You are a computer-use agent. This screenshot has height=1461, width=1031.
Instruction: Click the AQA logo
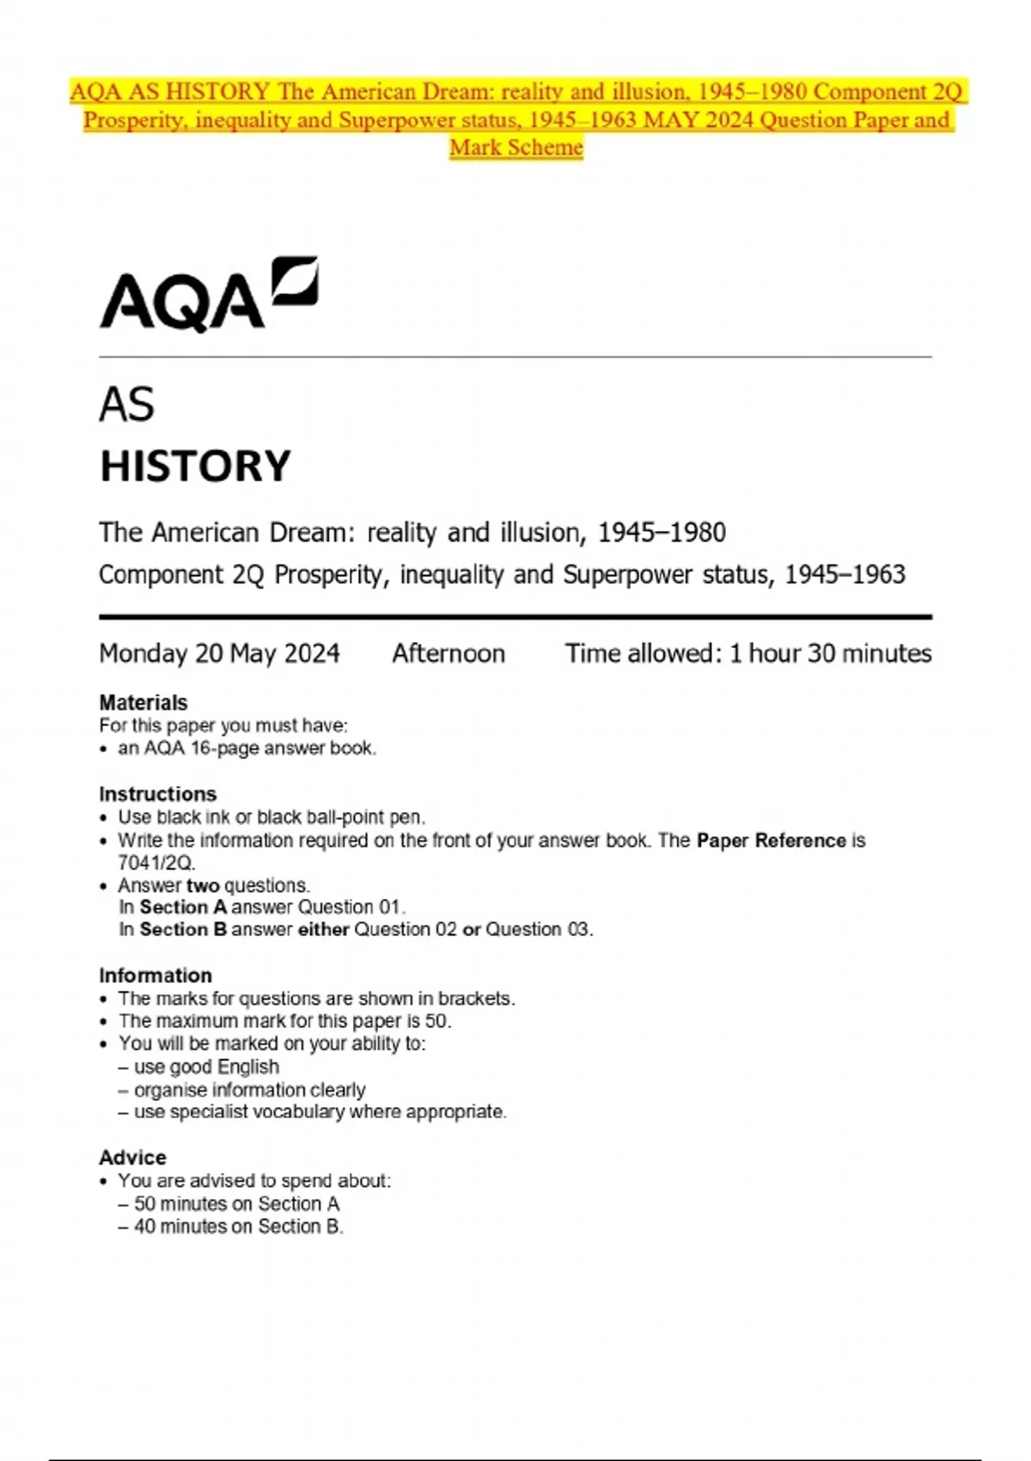(209, 295)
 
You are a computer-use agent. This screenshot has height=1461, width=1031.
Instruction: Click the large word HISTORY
(195, 467)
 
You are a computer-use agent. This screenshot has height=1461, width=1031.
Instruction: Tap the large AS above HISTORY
(127, 405)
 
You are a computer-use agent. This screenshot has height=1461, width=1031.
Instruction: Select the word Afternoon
(448, 654)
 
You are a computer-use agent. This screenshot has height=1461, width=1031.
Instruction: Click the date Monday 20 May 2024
(219, 654)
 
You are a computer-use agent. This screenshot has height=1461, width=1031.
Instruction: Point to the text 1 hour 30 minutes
(830, 654)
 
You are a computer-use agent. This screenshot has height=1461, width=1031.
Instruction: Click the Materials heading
(143, 702)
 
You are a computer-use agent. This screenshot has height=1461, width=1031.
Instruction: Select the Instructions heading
(157, 794)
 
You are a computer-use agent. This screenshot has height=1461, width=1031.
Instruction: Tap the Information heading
(155, 975)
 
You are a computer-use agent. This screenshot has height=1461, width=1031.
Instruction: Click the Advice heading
(132, 1158)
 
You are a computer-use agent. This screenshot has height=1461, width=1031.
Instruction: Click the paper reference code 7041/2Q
(156, 863)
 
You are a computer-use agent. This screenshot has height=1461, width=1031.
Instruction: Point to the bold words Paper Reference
(771, 841)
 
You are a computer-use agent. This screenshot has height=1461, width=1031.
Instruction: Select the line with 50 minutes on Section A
(236, 1204)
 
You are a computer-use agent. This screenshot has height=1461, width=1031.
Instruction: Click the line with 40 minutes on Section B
(238, 1226)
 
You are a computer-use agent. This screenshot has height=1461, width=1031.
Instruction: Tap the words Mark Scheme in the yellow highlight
(516, 148)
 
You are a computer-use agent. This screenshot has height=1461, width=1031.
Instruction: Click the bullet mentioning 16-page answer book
(247, 749)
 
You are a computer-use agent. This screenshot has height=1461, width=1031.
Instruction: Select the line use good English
(206, 1067)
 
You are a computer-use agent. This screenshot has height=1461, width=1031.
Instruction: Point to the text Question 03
(538, 930)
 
